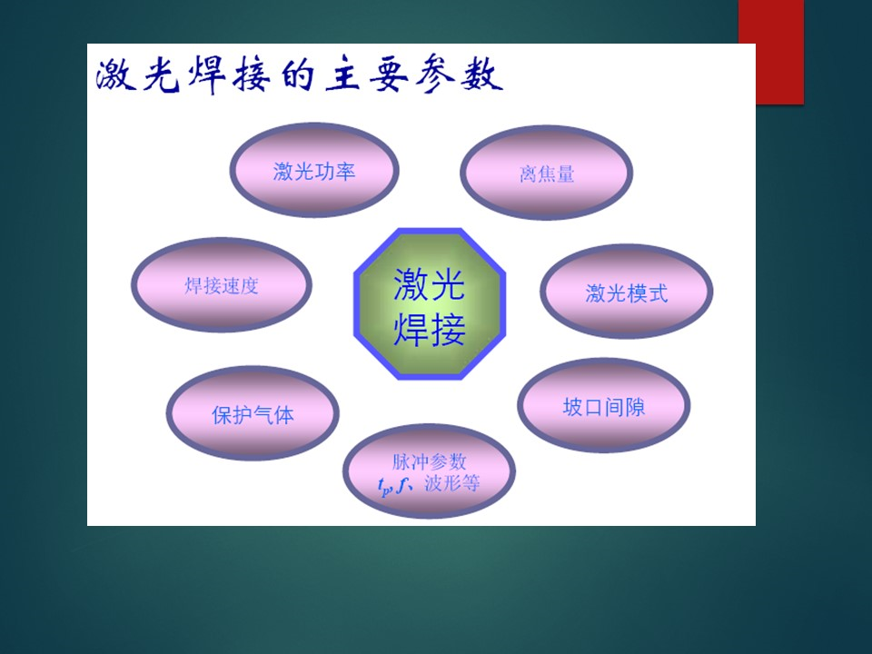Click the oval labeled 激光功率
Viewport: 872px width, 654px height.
point(314,170)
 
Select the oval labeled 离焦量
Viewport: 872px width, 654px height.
point(547,173)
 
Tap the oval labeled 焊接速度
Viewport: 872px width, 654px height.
point(222,285)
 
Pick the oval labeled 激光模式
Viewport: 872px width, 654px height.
point(626,292)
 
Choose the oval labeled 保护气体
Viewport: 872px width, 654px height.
point(253,413)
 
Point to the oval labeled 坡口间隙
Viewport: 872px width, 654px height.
point(604,406)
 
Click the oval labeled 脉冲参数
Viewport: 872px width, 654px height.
point(429,471)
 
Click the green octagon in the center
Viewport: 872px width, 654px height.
point(430,304)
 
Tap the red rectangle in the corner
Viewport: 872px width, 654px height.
point(771,52)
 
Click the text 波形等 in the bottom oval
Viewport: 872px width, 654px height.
point(451,483)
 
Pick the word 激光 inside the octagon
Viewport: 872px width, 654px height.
point(430,284)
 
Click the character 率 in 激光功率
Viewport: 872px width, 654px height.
point(345,172)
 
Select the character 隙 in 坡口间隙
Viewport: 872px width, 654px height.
point(635,408)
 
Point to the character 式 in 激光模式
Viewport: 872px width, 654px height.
point(658,293)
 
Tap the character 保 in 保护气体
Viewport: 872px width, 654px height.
point(222,415)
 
